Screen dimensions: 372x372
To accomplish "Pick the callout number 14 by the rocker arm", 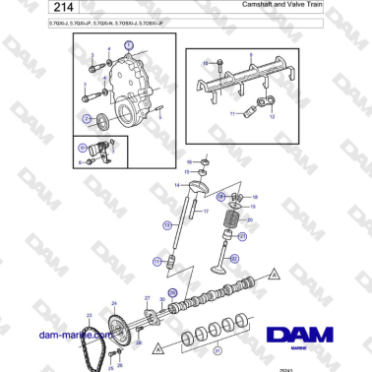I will [177, 184].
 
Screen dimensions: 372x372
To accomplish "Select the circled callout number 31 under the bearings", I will [218, 350].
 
